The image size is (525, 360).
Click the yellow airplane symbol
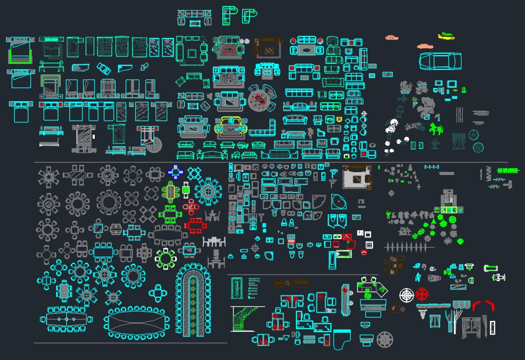pyautogui.click(x=446, y=35)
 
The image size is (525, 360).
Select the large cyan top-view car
pyautogui.click(x=440, y=61)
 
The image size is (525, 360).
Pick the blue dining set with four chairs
pyautogui.click(x=176, y=172)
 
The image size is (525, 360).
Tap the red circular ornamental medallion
pyautogui.click(x=422, y=294)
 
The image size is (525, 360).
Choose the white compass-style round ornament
pyautogui.click(x=406, y=295)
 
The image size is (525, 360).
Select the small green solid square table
pyautogui.click(x=186, y=190)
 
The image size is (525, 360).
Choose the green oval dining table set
pyautogui.click(x=171, y=192)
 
